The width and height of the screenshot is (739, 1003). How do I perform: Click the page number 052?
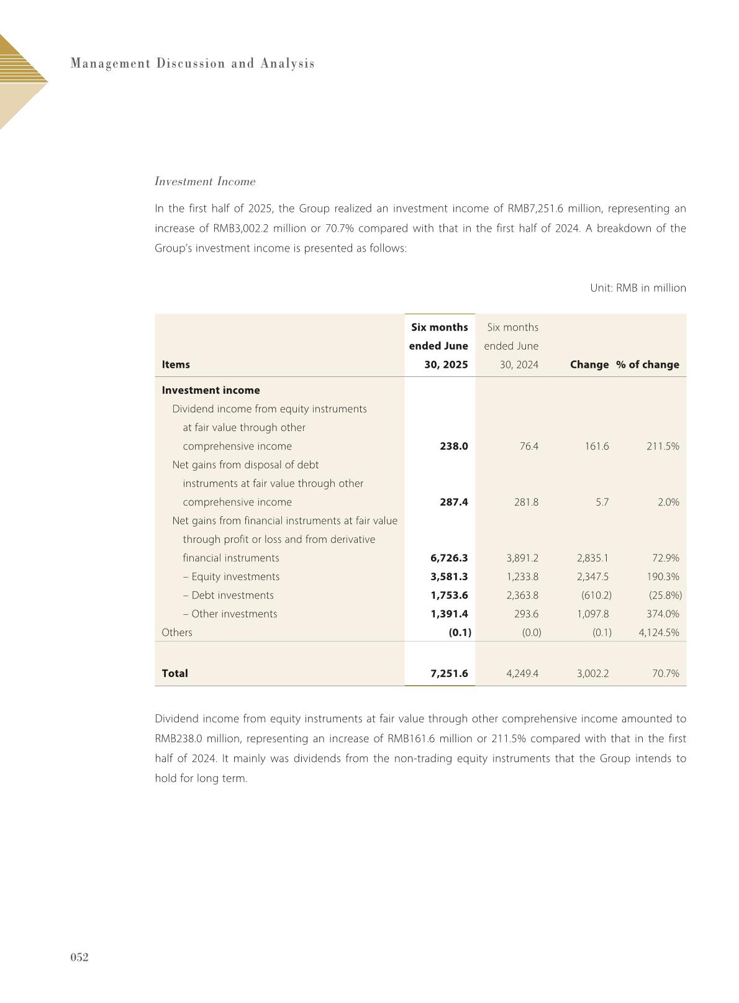coord(79,957)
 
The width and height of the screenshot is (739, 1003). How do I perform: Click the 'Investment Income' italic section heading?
coord(205,181)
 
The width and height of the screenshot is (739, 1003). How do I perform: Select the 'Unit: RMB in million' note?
coord(638,288)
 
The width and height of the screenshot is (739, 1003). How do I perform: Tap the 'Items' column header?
coord(176,365)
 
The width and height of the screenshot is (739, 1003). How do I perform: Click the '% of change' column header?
coord(647,365)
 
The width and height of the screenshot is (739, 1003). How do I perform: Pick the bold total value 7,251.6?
coord(449,673)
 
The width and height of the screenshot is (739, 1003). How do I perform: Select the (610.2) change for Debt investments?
coord(596,595)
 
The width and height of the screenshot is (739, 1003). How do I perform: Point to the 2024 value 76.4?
coord(528,446)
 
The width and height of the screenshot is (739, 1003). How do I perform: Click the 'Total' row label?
coord(175,673)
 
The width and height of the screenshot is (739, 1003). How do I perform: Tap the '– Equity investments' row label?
coord(231,576)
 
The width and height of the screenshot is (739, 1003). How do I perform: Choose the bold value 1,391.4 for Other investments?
coord(449,614)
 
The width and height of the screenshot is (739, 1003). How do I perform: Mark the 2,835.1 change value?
coord(592,558)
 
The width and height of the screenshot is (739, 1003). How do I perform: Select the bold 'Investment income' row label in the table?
coord(211,390)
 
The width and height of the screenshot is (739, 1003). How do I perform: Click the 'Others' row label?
coord(177,632)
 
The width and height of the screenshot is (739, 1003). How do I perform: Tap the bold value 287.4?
coord(453,502)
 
